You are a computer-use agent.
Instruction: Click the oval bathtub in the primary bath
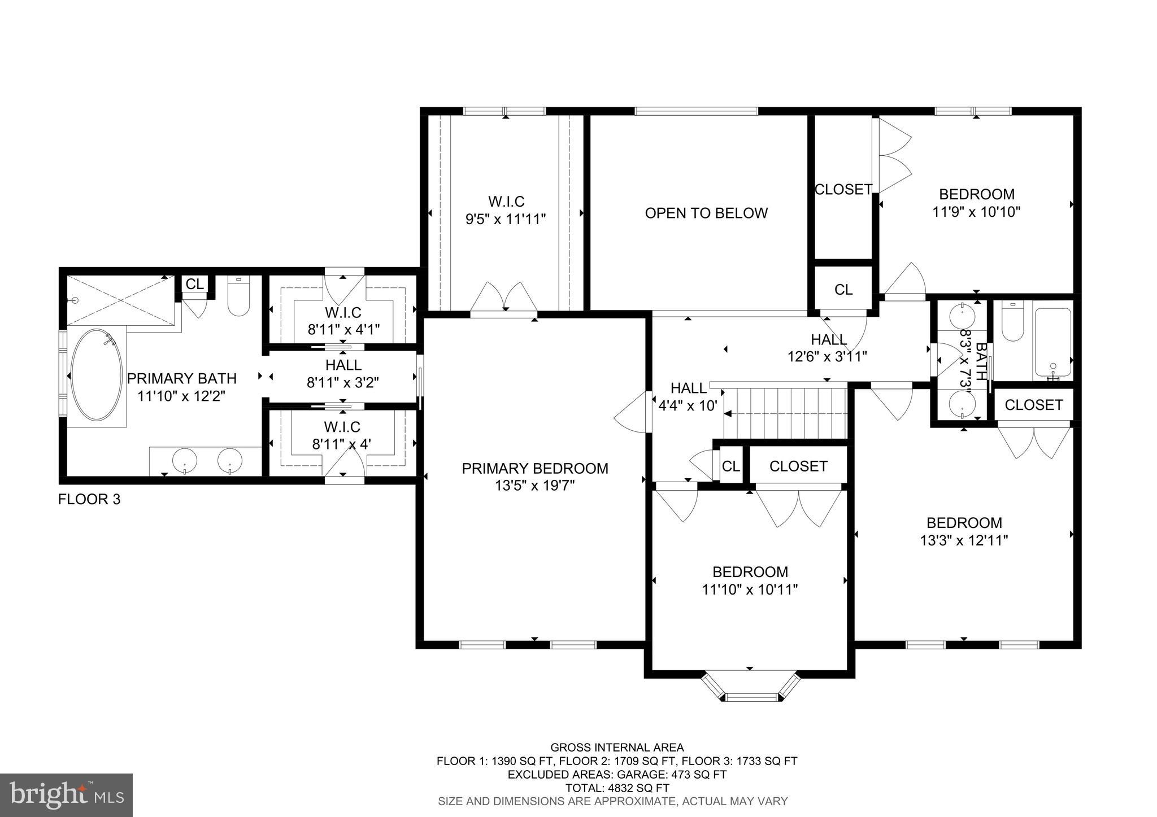96,375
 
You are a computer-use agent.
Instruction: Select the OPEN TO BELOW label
706,213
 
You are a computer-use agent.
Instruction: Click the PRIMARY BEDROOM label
534,468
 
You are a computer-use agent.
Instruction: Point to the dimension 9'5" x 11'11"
505,219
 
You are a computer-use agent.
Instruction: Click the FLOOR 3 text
89,499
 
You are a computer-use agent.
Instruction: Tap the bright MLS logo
66,795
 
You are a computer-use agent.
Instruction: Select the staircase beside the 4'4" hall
785,412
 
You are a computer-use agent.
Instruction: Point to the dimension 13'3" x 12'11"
964,540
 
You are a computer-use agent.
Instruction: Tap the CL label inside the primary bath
195,284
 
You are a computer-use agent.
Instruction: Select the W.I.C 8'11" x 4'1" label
343,321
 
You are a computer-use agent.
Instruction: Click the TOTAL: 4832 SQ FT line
617,787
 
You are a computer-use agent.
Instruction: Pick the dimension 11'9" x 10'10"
976,212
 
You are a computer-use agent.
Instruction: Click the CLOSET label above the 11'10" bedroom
798,466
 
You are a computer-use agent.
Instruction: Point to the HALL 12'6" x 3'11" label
828,348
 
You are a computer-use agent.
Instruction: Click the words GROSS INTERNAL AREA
617,748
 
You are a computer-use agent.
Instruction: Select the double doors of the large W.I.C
504,298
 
